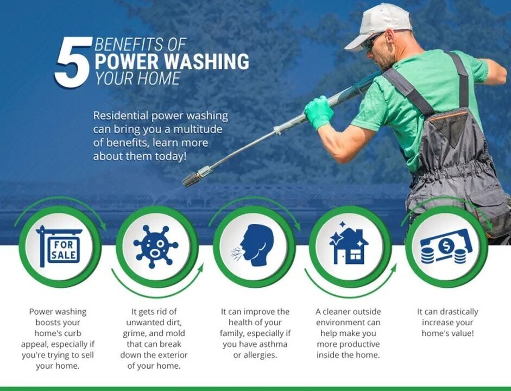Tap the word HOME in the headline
click(x=159, y=78)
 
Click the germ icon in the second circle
click(x=156, y=247)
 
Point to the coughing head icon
click(x=253, y=245)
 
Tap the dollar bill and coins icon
click(x=446, y=247)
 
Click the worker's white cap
click(x=379, y=27)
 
